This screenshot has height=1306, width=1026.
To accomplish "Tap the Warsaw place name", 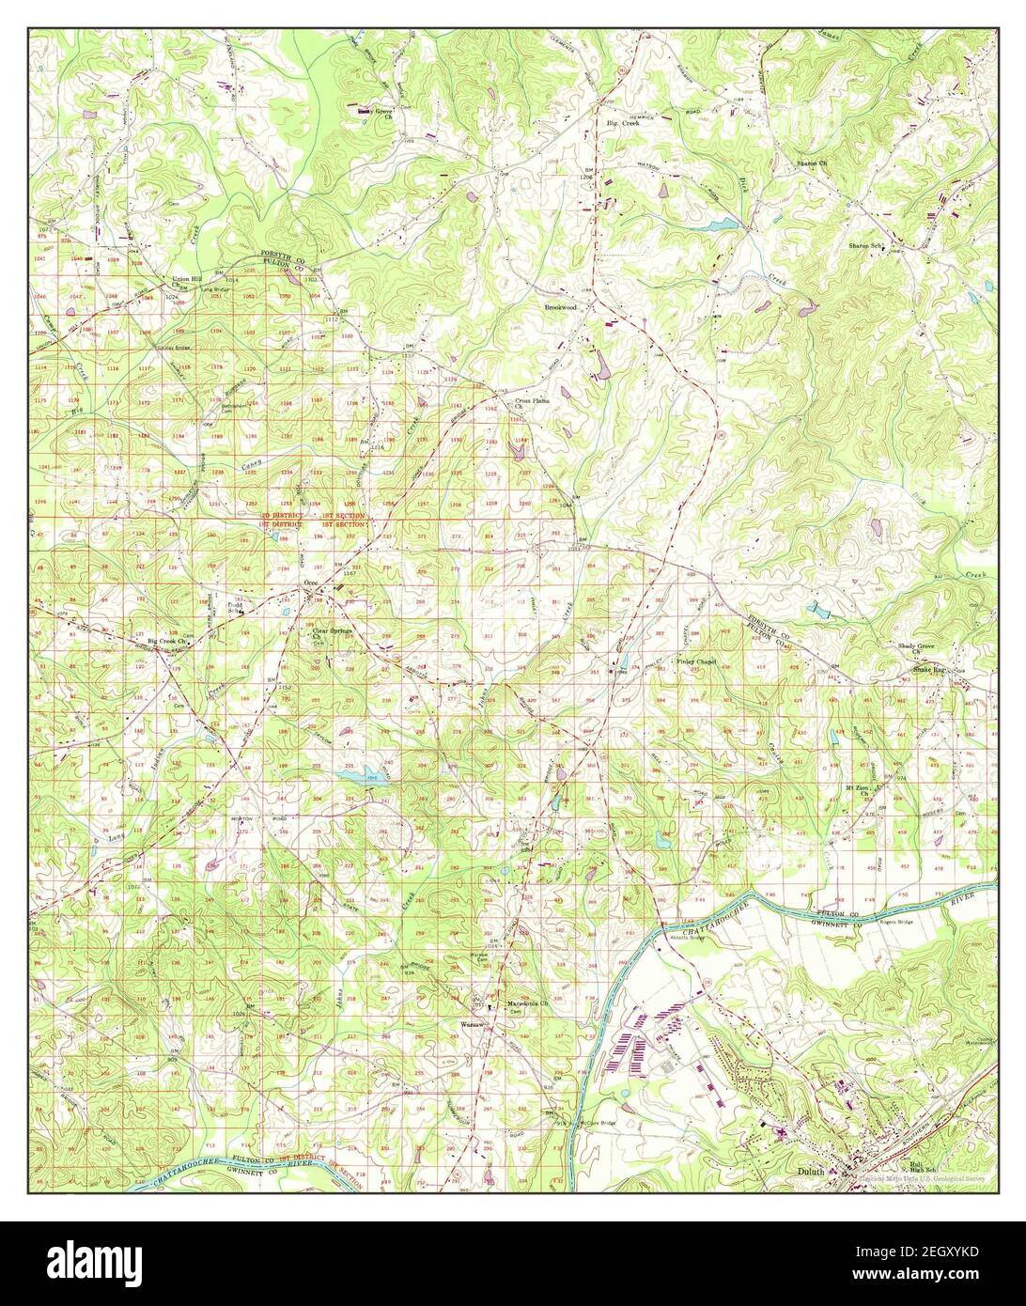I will click(x=471, y=1023).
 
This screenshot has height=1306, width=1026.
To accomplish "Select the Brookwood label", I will click(x=560, y=307).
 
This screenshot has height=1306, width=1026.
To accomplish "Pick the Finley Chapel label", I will click(x=696, y=661).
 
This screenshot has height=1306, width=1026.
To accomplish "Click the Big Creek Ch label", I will click(x=156, y=642).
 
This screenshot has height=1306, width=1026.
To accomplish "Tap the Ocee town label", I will click(x=311, y=583).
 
